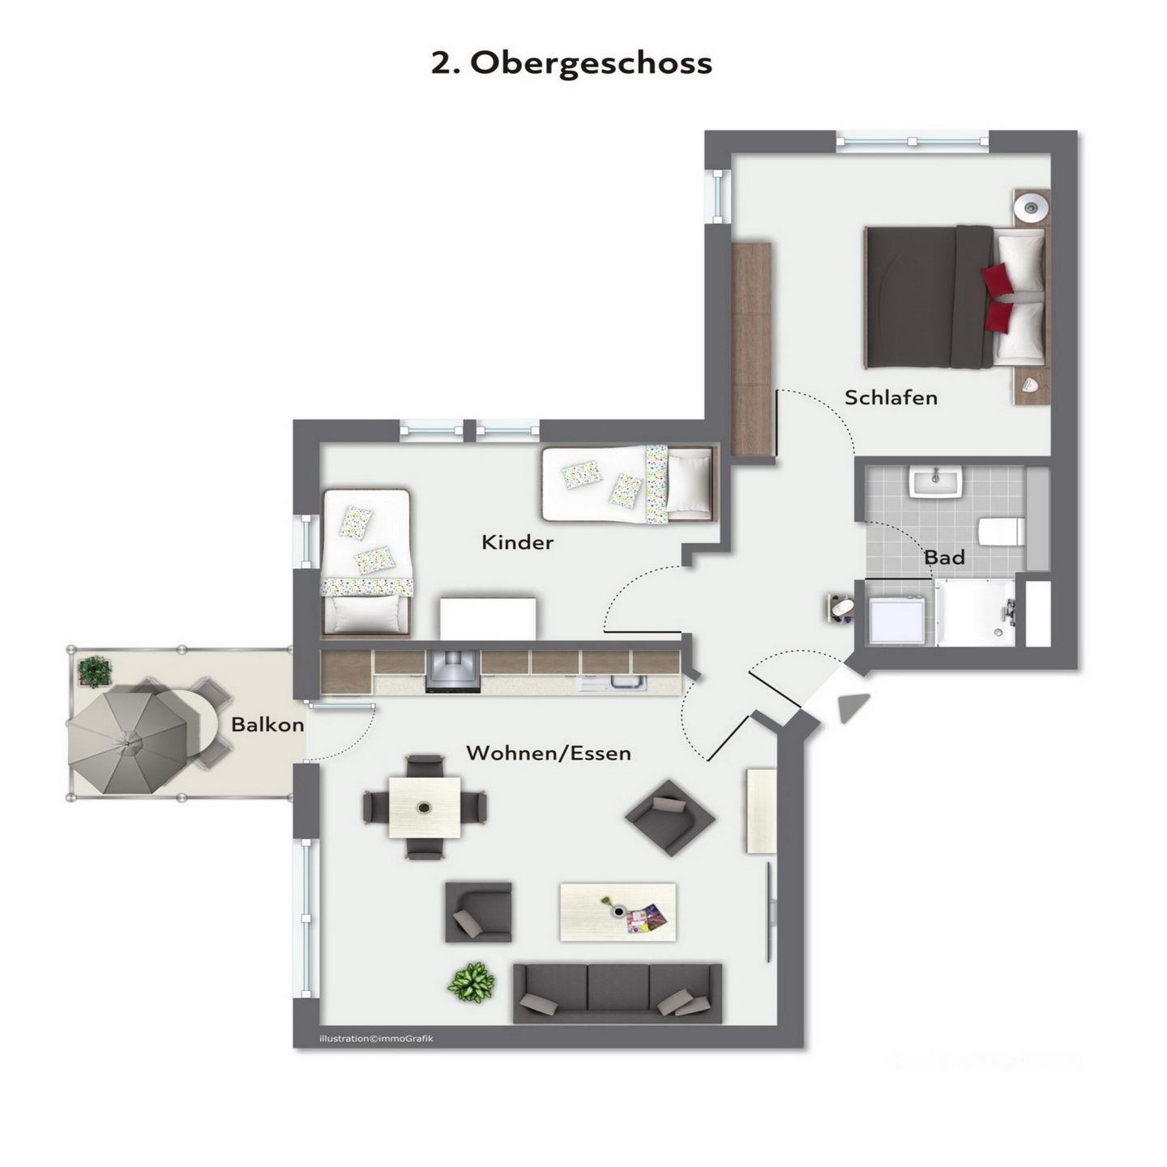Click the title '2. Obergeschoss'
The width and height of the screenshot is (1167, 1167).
[571, 63]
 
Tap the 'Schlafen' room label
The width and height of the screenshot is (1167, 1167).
[891, 398]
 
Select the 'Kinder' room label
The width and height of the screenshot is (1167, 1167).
[517, 542]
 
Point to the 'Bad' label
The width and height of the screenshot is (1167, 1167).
[944, 557]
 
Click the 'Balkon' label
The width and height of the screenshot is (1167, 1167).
[267, 725]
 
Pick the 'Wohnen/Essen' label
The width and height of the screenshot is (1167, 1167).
[549, 754]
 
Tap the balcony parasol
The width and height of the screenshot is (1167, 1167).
[128, 742]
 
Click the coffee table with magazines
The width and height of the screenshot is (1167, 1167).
[618, 912]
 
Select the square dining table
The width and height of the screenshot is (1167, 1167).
[425, 807]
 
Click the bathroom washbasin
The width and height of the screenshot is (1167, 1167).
[935, 482]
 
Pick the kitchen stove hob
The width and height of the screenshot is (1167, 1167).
[453, 671]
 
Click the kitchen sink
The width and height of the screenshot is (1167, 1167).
[613, 682]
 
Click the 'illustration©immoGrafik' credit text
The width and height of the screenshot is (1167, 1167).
[376, 1039]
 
